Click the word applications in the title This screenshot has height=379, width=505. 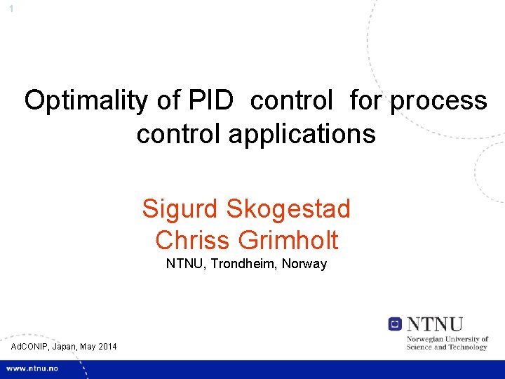[x=295, y=133]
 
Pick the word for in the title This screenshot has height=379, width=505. [x=363, y=101]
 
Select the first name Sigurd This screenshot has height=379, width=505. [x=180, y=208]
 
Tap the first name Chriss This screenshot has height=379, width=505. [x=193, y=240]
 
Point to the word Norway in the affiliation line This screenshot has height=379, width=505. [x=304, y=265]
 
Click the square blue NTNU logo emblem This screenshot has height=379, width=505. [x=396, y=324]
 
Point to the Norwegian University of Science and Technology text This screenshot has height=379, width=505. [x=447, y=343]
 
